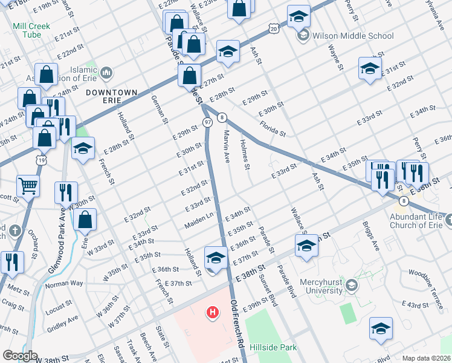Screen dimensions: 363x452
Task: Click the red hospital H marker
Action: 213,313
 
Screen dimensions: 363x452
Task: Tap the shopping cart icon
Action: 28,186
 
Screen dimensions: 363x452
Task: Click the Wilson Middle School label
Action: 352,36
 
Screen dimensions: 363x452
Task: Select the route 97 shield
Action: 207,123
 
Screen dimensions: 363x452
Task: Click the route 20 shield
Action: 274,28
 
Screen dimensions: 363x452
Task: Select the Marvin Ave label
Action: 227,146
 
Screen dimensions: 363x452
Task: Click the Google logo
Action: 20,356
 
